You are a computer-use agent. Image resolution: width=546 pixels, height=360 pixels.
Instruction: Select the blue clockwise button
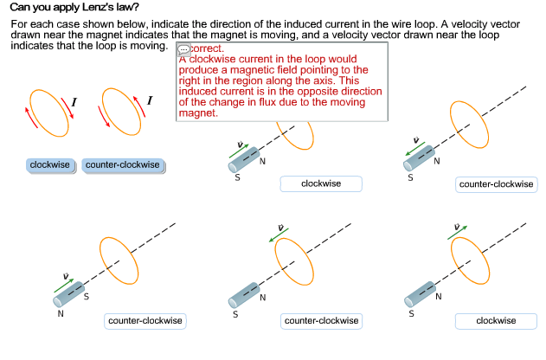(x=50, y=164)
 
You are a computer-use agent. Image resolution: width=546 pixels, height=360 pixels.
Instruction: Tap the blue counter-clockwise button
(x=123, y=164)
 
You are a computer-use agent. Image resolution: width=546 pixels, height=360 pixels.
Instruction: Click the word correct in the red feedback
(x=206, y=49)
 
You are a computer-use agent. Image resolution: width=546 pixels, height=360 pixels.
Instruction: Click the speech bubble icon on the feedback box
(x=183, y=50)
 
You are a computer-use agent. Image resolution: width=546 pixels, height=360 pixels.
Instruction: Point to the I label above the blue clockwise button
(x=74, y=102)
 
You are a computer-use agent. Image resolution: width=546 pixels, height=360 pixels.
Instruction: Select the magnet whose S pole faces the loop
(x=69, y=293)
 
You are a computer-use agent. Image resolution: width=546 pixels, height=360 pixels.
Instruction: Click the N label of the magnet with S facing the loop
(x=60, y=314)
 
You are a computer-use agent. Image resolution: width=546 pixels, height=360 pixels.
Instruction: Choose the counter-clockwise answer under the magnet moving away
(x=497, y=184)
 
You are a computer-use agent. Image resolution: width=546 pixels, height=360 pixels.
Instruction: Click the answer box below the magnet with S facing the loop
(x=145, y=321)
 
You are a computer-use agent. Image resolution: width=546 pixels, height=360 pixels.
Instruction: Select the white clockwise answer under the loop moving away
(x=496, y=321)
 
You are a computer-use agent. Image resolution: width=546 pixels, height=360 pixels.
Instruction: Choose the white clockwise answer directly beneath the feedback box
(x=320, y=183)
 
